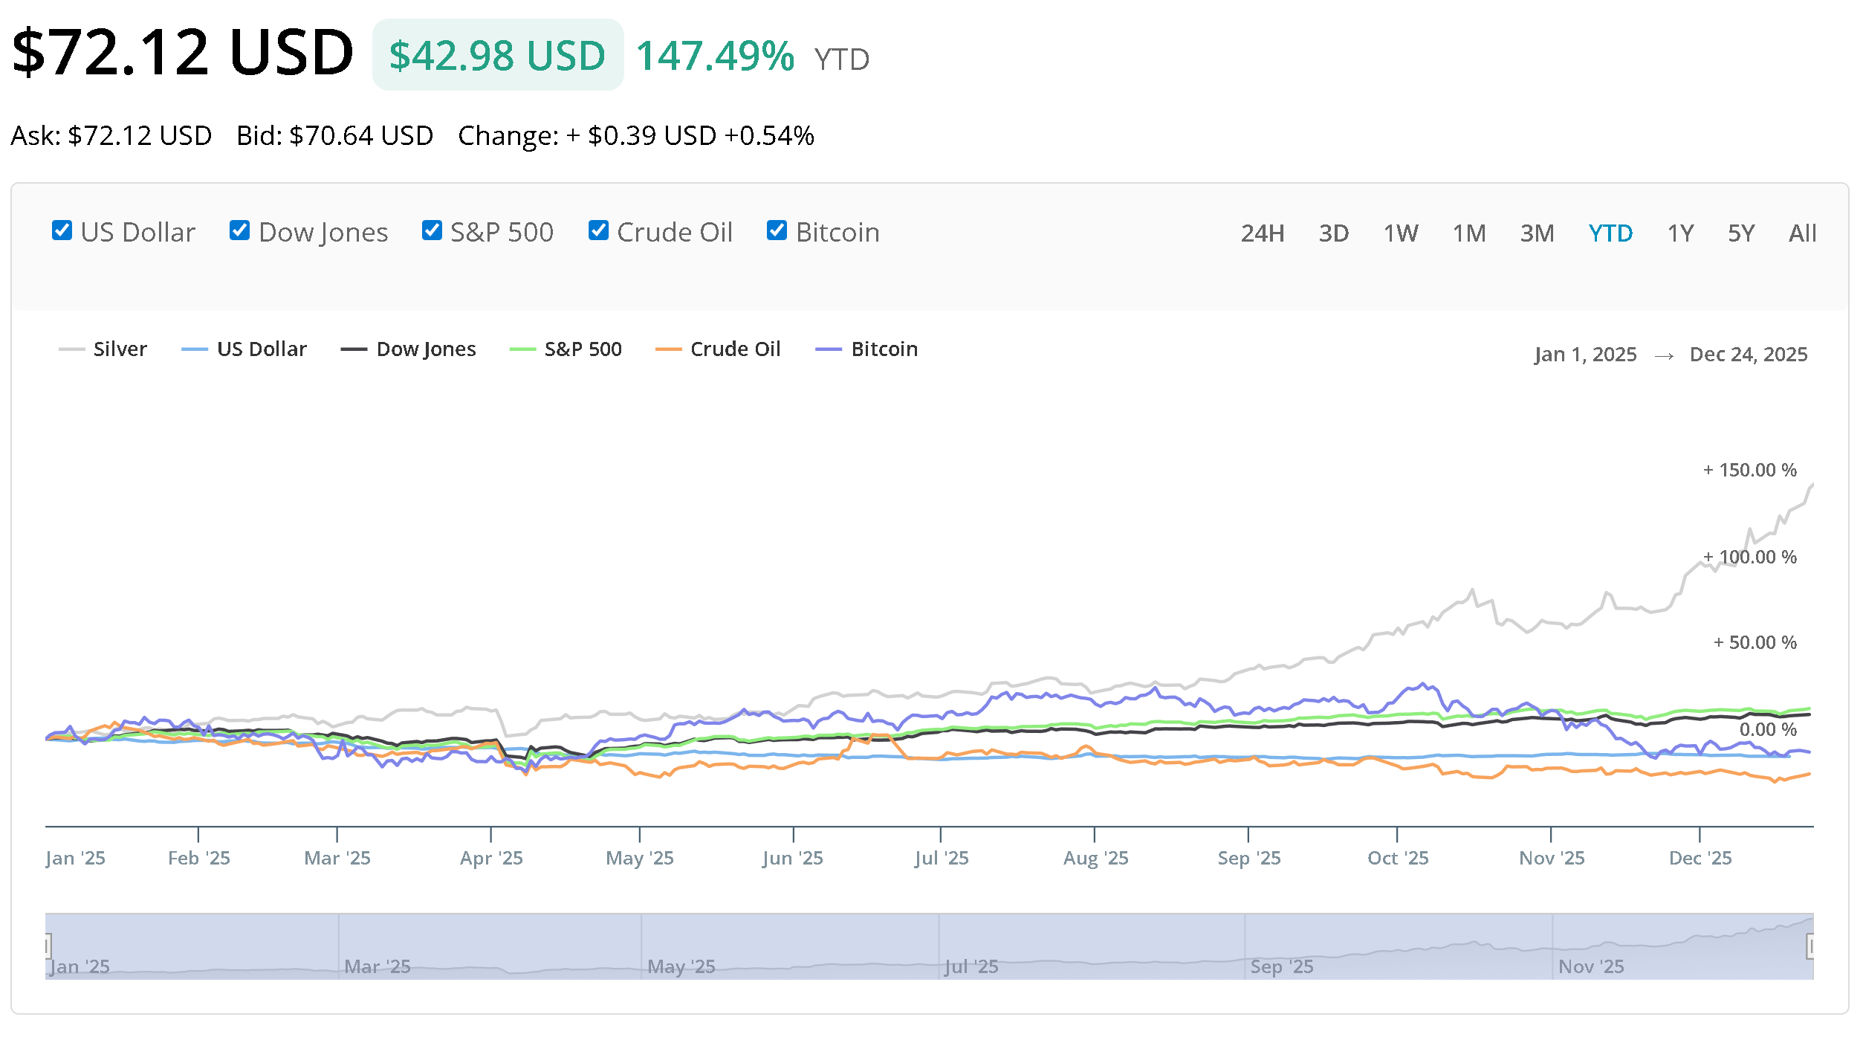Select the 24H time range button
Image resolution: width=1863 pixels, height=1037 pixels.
pos(1262,233)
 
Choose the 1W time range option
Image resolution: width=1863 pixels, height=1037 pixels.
pos(1400,233)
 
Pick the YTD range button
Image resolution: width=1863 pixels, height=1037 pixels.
pos(1610,233)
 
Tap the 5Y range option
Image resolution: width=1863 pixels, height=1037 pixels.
pos(1740,233)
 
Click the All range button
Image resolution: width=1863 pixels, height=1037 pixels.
pos(1802,233)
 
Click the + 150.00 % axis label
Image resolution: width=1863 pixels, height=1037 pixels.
pos(1750,471)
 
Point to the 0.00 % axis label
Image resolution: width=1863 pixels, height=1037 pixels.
pos(1767,729)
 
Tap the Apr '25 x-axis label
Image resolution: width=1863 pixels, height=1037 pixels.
pos(491,859)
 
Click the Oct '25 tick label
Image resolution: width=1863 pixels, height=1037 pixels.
pos(1398,859)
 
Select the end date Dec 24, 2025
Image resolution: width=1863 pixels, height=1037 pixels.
pos(1748,355)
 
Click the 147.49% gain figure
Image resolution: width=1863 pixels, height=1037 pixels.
pos(715,56)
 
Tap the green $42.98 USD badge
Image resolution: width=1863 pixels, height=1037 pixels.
pos(497,56)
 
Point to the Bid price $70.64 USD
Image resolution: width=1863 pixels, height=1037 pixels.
pos(360,136)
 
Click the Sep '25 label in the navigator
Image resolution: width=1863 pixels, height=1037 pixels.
pos(1282,966)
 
